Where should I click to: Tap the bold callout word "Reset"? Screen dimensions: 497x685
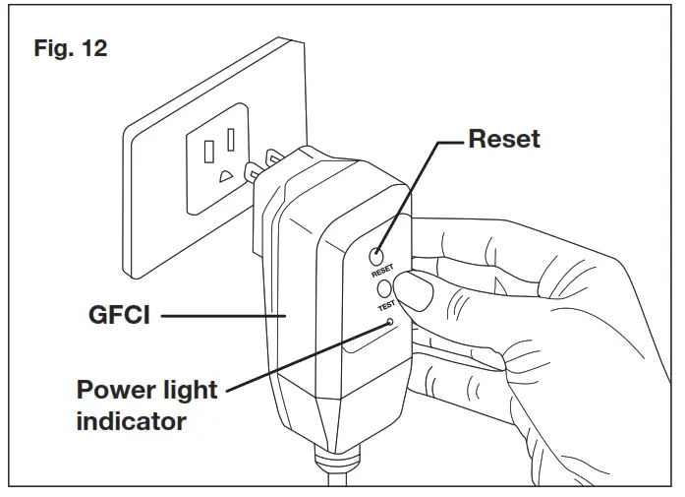pyautogui.click(x=503, y=139)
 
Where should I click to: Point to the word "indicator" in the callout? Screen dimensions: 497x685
pyautogui.click(x=131, y=421)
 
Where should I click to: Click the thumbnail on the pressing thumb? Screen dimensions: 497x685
pyautogui.click(x=416, y=292)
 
